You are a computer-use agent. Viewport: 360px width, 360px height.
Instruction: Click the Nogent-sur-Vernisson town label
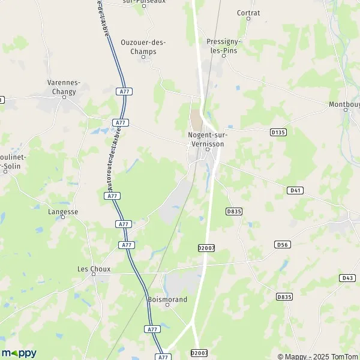[x=208, y=139]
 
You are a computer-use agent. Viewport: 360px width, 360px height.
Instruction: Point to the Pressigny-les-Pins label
[x=222, y=46]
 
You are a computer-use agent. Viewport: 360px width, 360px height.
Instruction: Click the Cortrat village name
[x=248, y=13]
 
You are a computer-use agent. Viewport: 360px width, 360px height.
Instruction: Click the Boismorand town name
[x=167, y=299]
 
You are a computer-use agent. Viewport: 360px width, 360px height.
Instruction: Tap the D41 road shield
[x=294, y=190]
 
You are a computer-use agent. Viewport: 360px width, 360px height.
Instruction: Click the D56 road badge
[x=282, y=244]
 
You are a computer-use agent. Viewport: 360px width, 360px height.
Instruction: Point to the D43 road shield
[x=347, y=278]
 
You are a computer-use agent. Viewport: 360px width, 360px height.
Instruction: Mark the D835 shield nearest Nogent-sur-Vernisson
[x=233, y=211]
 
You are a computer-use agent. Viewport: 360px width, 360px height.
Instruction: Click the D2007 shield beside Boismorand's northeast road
[x=205, y=247]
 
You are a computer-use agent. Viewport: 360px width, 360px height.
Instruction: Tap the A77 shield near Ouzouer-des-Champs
[x=125, y=91]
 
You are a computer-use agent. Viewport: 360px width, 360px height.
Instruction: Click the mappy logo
[x=19, y=353]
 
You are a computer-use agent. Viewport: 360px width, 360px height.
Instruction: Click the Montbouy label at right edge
[x=344, y=104]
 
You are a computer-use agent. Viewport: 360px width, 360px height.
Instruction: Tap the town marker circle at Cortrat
[x=248, y=19]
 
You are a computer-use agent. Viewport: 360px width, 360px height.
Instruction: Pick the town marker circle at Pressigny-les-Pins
[x=223, y=56]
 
